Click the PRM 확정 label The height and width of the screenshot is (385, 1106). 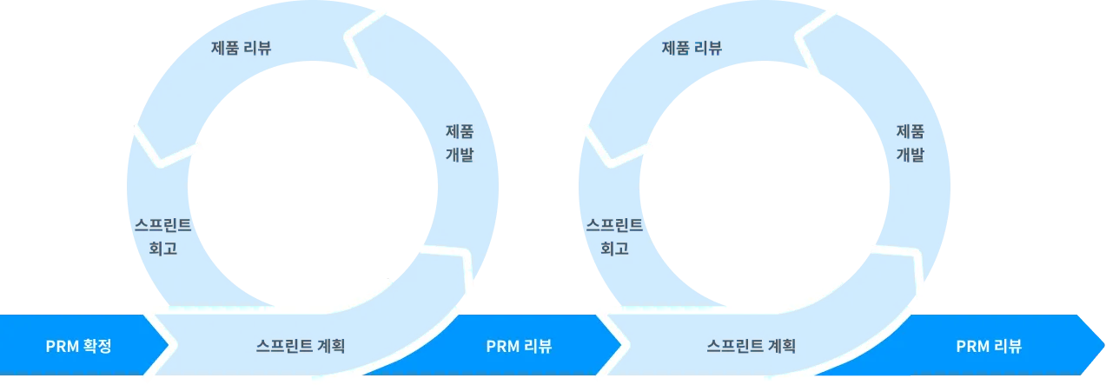coord(79,347)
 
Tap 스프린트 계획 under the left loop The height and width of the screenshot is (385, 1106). coord(301,346)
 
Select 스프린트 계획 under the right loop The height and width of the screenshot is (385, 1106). coord(752,346)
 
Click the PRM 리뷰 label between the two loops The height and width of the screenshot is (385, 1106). coord(519,347)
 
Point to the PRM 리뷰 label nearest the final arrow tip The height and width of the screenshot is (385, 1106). coord(989,347)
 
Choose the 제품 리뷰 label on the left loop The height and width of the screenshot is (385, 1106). coord(242,48)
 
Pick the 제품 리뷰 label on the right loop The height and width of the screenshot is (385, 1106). coord(692,48)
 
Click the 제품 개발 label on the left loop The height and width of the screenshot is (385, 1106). coord(460,143)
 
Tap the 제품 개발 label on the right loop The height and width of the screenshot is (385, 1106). coord(910,143)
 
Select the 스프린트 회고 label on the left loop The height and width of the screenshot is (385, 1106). coord(163,236)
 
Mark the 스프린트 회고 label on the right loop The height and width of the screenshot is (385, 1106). coord(614,236)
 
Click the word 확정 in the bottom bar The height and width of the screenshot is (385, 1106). coord(97,347)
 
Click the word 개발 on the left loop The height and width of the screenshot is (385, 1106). coord(460,156)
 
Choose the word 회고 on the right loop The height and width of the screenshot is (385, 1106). coord(614,249)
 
